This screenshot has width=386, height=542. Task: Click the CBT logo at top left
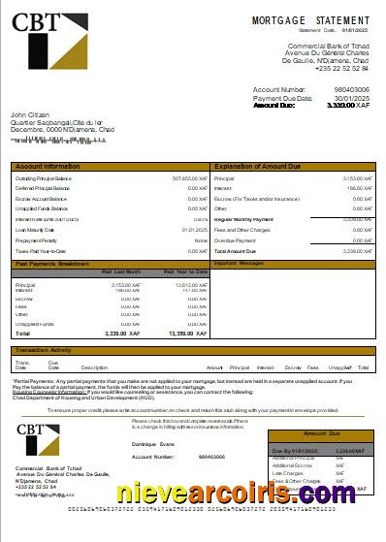coord(50,43)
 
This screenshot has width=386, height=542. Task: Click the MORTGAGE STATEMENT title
coord(310,20)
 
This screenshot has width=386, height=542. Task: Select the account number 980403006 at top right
coord(350,88)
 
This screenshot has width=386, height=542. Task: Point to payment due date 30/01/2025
coord(352,98)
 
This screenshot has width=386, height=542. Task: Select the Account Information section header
coord(48,167)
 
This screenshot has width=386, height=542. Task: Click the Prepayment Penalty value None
coord(201,239)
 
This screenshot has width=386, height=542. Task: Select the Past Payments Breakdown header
coord(52,263)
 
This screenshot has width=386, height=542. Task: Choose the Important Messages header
coord(239,263)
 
